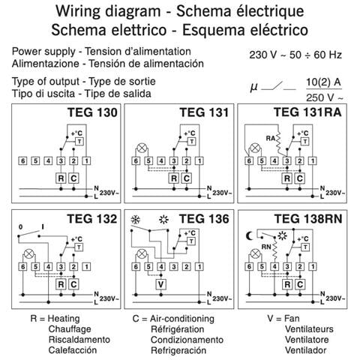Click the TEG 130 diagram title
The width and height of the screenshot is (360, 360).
(92, 112)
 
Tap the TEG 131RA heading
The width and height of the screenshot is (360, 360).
(307, 112)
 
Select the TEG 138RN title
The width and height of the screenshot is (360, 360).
(308, 219)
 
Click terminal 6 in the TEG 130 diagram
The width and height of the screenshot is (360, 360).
(23, 160)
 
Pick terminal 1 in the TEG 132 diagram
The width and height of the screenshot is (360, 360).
(86, 267)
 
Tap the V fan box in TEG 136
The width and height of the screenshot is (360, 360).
(161, 284)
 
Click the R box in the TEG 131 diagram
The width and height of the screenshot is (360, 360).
(174, 178)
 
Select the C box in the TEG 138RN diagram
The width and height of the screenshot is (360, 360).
(300, 284)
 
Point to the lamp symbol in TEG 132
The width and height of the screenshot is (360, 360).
(29, 254)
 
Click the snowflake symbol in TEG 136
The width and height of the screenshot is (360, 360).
(136, 220)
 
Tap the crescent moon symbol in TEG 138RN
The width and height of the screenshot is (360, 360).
(249, 235)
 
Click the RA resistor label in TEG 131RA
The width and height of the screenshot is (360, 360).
(270, 138)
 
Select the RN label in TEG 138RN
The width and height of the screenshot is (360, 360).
(266, 247)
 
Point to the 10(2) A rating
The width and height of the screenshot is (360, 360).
(324, 82)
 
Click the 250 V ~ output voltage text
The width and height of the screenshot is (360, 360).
(325, 97)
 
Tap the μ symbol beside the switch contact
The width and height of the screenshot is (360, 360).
(253, 87)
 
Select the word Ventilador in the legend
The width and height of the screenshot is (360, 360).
(306, 350)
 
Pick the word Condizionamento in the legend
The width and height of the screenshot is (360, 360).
(187, 340)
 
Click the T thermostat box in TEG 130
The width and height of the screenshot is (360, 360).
(79, 142)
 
